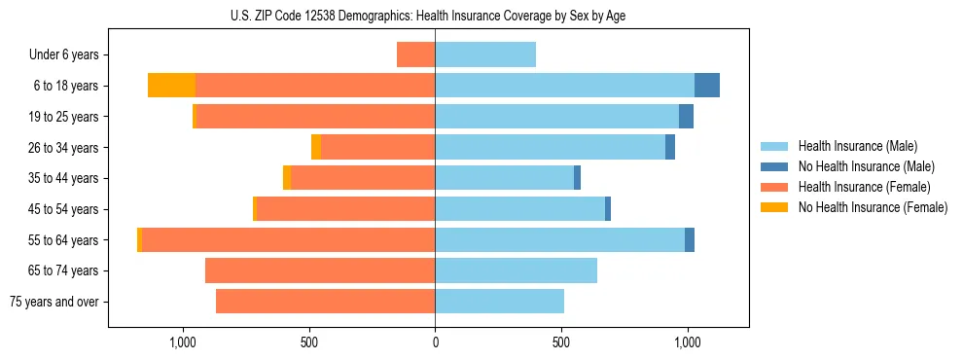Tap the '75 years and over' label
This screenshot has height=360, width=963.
coord(53,302)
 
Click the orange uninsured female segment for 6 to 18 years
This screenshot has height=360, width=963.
coord(171,86)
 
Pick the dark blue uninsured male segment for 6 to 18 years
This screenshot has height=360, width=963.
coord(707,86)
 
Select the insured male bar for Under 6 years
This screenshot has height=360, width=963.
coord(485,54)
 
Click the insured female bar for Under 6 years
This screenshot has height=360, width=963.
coord(416,54)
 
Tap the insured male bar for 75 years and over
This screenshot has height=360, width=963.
coord(499,302)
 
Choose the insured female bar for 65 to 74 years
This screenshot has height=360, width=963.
coord(320,270)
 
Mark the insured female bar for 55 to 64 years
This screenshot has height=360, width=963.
coord(288,240)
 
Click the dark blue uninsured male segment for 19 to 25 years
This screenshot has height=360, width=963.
coord(686,117)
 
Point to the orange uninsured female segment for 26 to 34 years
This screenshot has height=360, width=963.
coord(316,147)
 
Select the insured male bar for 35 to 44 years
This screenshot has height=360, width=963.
coord(504,178)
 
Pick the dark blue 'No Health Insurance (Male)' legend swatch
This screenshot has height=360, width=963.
coord(774,167)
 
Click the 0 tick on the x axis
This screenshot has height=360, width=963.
coord(435,342)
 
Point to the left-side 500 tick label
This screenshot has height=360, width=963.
coord(308,342)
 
